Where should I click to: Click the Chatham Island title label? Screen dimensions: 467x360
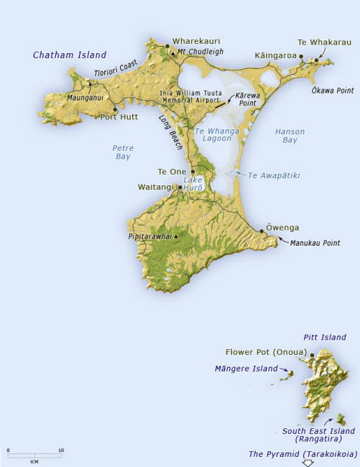(x=70, y=55)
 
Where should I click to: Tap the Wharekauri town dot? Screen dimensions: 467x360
(x=167, y=46)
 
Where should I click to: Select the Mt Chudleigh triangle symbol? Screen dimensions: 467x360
(x=172, y=52)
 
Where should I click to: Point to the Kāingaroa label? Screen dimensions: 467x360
(x=277, y=55)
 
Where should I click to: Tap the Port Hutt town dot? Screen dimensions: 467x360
(x=114, y=109)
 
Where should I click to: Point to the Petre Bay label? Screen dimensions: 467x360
(x=123, y=152)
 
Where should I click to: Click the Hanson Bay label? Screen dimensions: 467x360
(x=290, y=136)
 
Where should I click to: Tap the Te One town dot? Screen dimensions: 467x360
(x=193, y=172)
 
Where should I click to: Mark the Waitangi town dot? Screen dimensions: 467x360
(x=180, y=187)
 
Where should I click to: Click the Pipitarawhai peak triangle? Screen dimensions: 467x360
(x=176, y=236)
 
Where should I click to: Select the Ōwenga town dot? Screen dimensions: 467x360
(x=262, y=231)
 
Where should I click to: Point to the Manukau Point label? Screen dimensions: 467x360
(x=315, y=244)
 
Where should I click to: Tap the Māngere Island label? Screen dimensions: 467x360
(x=246, y=369)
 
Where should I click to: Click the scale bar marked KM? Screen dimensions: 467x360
(x=34, y=456)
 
